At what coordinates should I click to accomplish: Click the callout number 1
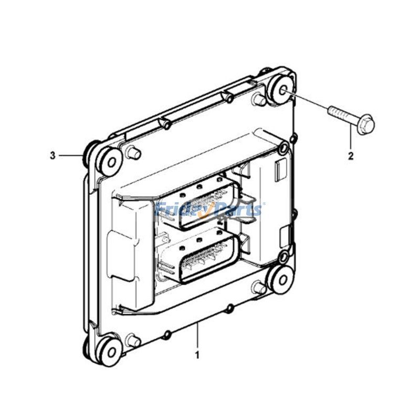click(x=197, y=355)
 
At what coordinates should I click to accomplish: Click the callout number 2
click(x=351, y=155)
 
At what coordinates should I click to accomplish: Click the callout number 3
click(x=52, y=155)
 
